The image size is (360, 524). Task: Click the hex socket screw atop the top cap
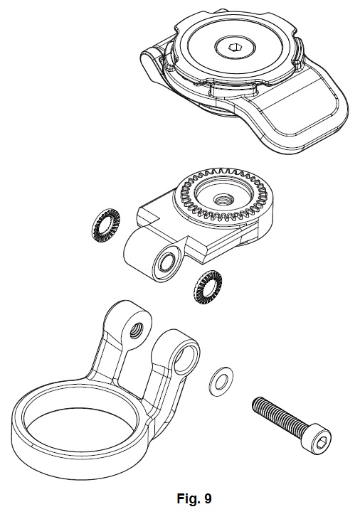click(234, 47)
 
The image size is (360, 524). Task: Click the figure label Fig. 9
click(194, 498)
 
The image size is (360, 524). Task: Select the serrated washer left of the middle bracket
click(106, 226)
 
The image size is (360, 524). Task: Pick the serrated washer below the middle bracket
click(208, 287)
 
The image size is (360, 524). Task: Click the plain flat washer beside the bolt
click(221, 381)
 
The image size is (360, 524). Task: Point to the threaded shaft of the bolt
click(278, 414)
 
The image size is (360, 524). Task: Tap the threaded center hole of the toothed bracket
click(221, 201)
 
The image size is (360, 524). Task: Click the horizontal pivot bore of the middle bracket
click(166, 262)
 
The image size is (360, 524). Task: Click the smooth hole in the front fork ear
click(185, 358)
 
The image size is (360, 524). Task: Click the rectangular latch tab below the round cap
click(233, 89)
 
